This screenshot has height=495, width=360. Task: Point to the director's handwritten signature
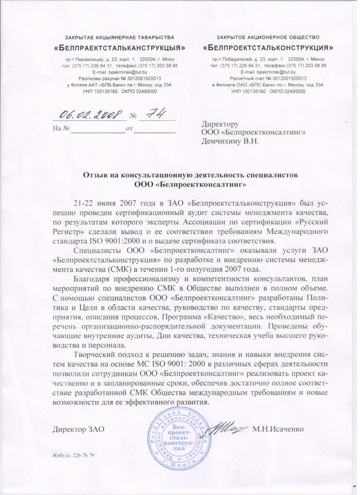point(228,429)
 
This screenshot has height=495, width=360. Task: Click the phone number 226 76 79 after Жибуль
point(84,455)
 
